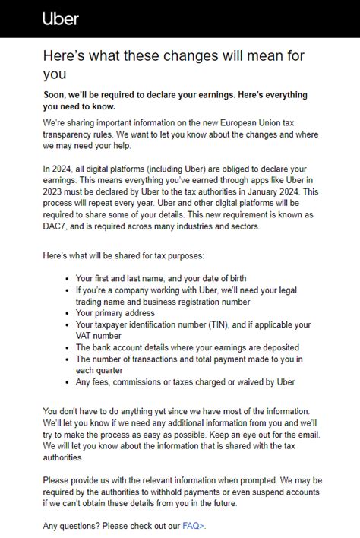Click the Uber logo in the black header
60,18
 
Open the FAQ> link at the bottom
194,525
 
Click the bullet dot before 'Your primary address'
68,313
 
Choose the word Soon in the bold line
56,95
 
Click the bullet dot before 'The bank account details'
68,347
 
